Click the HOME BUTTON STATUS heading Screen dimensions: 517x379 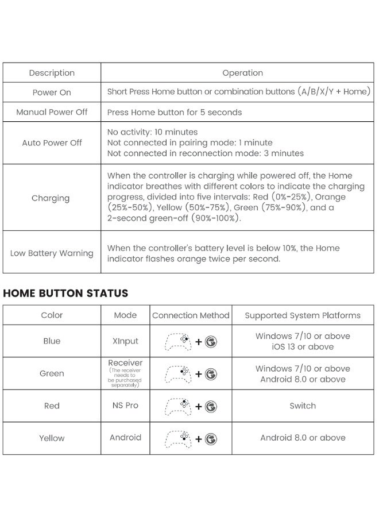pos(65,293)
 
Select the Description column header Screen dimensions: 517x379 pos(52,73)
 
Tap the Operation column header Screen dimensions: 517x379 pos(242,73)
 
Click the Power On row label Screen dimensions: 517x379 pos(52,92)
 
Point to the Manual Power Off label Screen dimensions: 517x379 pos(52,112)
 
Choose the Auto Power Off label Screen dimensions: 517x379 pos(52,142)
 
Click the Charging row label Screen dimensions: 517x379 pos(51,198)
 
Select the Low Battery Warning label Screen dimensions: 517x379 pos(52,253)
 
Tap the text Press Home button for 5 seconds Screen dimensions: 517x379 pos(175,112)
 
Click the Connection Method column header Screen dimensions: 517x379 pos(191,315)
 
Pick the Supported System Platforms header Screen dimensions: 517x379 pos(303,315)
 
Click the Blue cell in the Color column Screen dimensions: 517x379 pos(52,341)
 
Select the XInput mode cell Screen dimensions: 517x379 pos(125,341)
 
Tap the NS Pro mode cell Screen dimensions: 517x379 pos(125,406)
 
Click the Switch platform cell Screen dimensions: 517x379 pos(303,406)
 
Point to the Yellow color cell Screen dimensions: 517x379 pos(52,438)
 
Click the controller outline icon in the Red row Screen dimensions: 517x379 pos(178,406)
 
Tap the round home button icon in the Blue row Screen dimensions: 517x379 pos(211,342)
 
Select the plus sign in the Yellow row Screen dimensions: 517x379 pos(199,439)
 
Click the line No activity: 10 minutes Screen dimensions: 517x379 pos(152,132)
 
